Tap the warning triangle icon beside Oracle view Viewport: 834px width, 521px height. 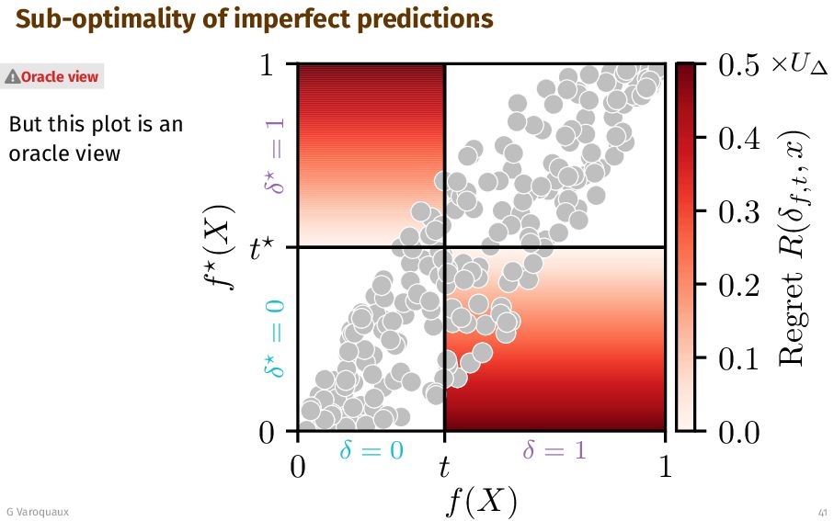[x=13, y=77]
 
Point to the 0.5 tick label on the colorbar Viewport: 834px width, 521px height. [x=737, y=65]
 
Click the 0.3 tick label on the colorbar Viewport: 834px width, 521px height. [x=737, y=211]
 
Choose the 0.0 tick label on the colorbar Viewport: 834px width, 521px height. [x=737, y=432]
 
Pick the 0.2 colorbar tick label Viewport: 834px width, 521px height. [x=737, y=285]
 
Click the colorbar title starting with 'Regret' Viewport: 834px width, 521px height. [x=793, y=248]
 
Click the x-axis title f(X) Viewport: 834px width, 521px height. [x=481, y=502]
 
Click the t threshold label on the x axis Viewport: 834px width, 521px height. [x=444, y=468]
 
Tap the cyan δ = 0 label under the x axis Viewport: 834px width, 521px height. [x=371, y=450]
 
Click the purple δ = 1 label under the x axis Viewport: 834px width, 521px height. [x=554, y=450]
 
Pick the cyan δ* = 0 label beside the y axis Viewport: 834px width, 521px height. [x=275, y=340]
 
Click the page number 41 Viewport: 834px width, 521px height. [x=821, y=511]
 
